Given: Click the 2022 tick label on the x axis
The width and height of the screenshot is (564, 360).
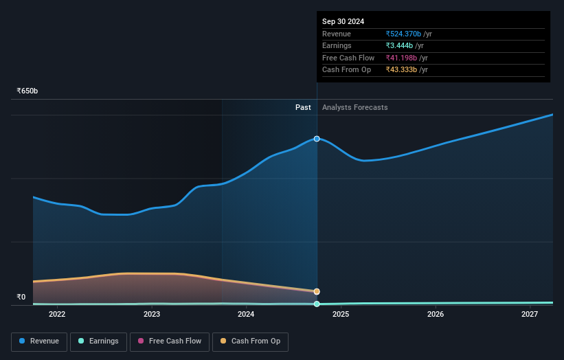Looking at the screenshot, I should point(57,315).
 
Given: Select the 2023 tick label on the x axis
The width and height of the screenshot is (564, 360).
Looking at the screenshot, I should point(152,315).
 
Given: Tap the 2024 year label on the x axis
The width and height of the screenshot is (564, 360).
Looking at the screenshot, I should point(246,315).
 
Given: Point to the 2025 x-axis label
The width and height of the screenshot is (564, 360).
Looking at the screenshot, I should point(341,315).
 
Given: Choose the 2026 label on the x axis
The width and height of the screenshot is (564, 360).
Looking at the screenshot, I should point(435,315).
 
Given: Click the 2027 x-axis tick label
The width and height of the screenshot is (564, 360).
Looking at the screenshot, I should point(530,315).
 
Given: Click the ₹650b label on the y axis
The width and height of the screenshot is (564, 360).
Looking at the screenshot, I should point(27,91).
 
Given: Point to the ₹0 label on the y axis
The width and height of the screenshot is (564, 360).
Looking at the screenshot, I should point(21,297).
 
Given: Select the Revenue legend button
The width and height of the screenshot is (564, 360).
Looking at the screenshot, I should point(39,341).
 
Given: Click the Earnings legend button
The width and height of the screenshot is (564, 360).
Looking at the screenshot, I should point(98,341).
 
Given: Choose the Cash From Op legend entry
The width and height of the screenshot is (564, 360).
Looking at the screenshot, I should point(251,341).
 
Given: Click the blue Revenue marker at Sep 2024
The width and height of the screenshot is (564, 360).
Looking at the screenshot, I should point(317,139).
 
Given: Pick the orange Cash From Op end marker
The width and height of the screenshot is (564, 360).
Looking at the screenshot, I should point(317,291).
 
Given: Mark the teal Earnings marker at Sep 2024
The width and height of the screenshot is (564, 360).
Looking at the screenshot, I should point(317,304).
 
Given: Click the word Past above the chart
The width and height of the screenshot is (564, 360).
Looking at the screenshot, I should point(303,107).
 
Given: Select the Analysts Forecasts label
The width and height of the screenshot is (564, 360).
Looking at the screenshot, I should point(354,107).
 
